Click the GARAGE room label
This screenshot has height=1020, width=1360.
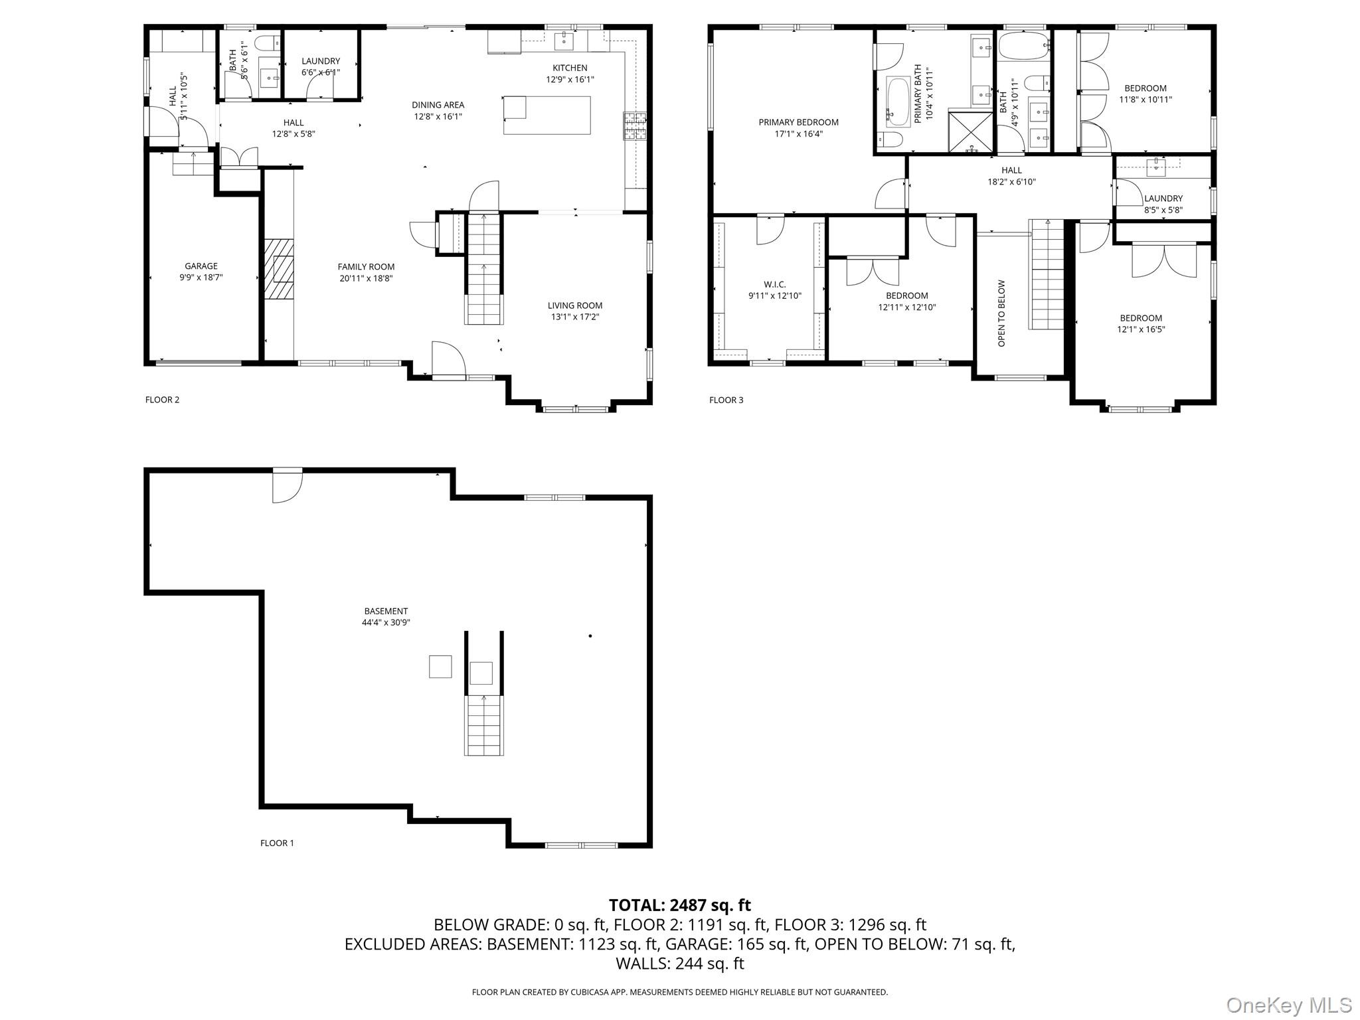coord(201,266)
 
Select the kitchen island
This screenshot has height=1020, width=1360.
coord(547,116)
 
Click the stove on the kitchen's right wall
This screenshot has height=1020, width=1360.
coord(634,126)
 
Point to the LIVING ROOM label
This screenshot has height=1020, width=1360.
coord(575,305)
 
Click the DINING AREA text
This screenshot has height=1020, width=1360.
coord(438,105)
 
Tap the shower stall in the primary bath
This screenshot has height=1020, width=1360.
coord(970,133)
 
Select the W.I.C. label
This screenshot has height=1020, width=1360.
coord(775,284)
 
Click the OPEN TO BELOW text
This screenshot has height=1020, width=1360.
coord(1002,313)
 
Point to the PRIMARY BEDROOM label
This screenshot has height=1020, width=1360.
coord(798,122)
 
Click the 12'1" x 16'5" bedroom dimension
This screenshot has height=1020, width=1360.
coord(1141,329)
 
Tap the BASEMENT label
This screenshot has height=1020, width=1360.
coord(386,611)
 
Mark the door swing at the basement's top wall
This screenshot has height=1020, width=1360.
coord(288,485)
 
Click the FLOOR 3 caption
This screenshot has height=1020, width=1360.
coord(726,400)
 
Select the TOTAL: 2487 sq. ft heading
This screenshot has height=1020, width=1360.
coord(680,905)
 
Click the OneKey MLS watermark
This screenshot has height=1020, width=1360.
coord(1289,1005)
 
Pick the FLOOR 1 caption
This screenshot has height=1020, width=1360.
coord(277,843)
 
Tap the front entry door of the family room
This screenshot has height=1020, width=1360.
coord(449,361)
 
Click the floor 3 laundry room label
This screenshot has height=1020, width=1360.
coord(1163,199)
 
